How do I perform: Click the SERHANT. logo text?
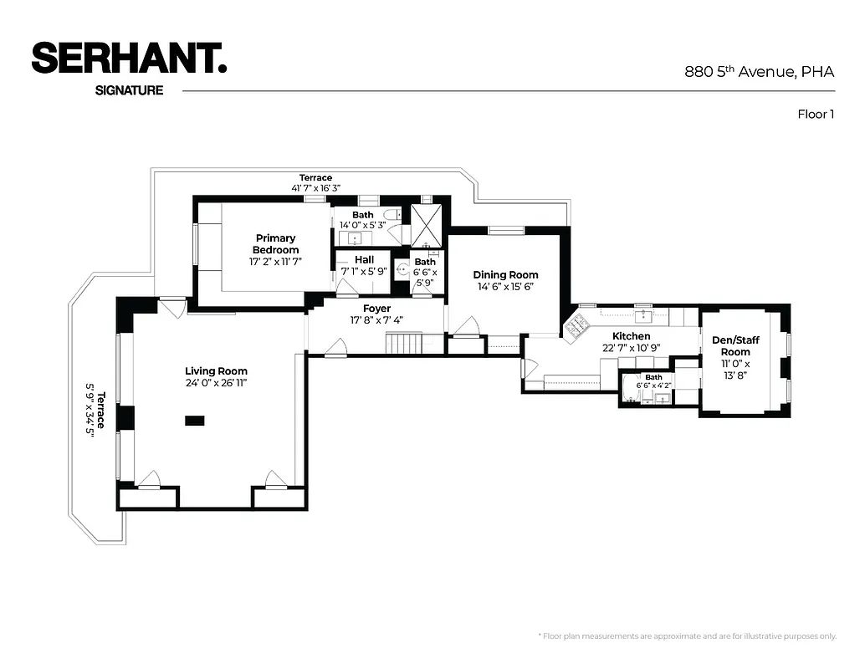click(x=129, y=58)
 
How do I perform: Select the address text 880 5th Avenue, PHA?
click(x=760, y=72)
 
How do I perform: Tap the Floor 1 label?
click(x=816, y=115)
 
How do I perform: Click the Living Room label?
click(x=216, y=371)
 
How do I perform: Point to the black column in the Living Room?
click(x=194, y=421)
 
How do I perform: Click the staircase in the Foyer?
click(x=403, y=343)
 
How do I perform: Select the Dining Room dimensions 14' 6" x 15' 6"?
click(x=505, y=287)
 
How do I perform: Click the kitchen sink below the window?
click(x=642, y=315)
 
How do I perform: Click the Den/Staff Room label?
click(x=736, y=345)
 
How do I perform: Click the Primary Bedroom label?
click(x=276, y=244)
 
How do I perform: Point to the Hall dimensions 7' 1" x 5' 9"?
click(x=364, y=272)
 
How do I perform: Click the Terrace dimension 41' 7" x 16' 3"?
click(x=315, y=189)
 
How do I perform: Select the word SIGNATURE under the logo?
click(x=130, y=90)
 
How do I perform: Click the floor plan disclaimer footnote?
click(x=686, y=636)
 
